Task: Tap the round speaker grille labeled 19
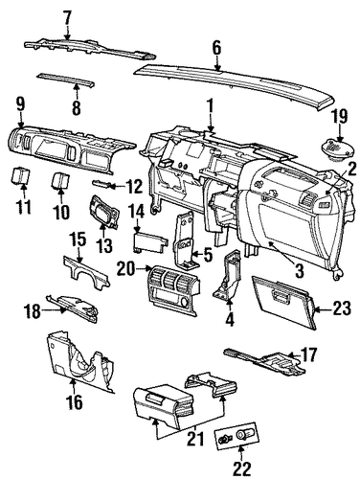click(337, 148)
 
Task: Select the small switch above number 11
click(21, 176)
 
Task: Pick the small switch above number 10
click(60, 181)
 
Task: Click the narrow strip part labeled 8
click(66, 80)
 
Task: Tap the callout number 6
click(216, 48)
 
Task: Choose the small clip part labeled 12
click(101, 183)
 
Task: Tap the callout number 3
click(300, 271)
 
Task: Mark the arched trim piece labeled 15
click(86, 271)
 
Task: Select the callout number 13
click(104, 246)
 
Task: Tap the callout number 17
click(309, 354)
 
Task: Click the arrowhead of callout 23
click(318, 309)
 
